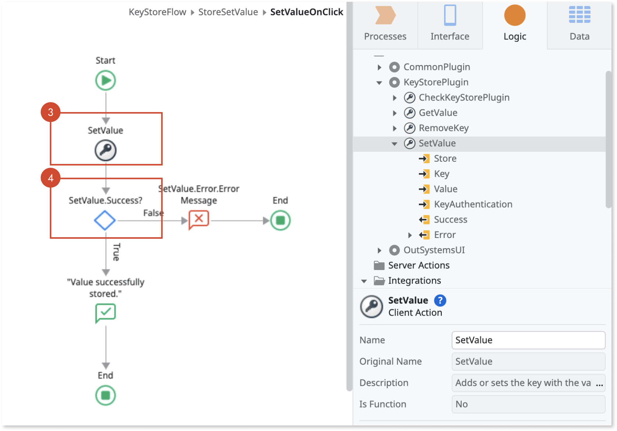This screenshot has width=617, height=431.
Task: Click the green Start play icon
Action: point(106,80)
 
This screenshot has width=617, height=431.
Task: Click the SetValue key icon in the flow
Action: point(106,150)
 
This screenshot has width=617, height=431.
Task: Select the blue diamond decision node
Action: point(105,221)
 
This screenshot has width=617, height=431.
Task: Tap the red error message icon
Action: point(199,220)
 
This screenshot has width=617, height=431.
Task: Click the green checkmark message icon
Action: point(106,313)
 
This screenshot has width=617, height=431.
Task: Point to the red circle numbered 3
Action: point(51,112)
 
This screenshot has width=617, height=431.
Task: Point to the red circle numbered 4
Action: point(51,178)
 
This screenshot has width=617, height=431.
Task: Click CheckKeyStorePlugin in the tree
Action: point(464,98)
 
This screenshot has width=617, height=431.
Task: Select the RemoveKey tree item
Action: point(443,128)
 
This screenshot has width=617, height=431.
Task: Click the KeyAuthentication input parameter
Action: point(473,204)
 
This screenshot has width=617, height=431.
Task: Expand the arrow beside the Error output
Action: point(410,235)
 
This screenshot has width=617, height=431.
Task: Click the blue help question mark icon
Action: point(440,301)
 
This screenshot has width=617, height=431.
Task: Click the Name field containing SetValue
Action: point(528,340)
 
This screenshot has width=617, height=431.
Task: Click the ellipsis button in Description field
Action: point(599,383)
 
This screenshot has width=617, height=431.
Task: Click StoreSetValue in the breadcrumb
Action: point(228,12)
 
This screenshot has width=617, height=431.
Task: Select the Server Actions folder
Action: point(419,266)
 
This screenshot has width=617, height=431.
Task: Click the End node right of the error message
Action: point(281,221)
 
